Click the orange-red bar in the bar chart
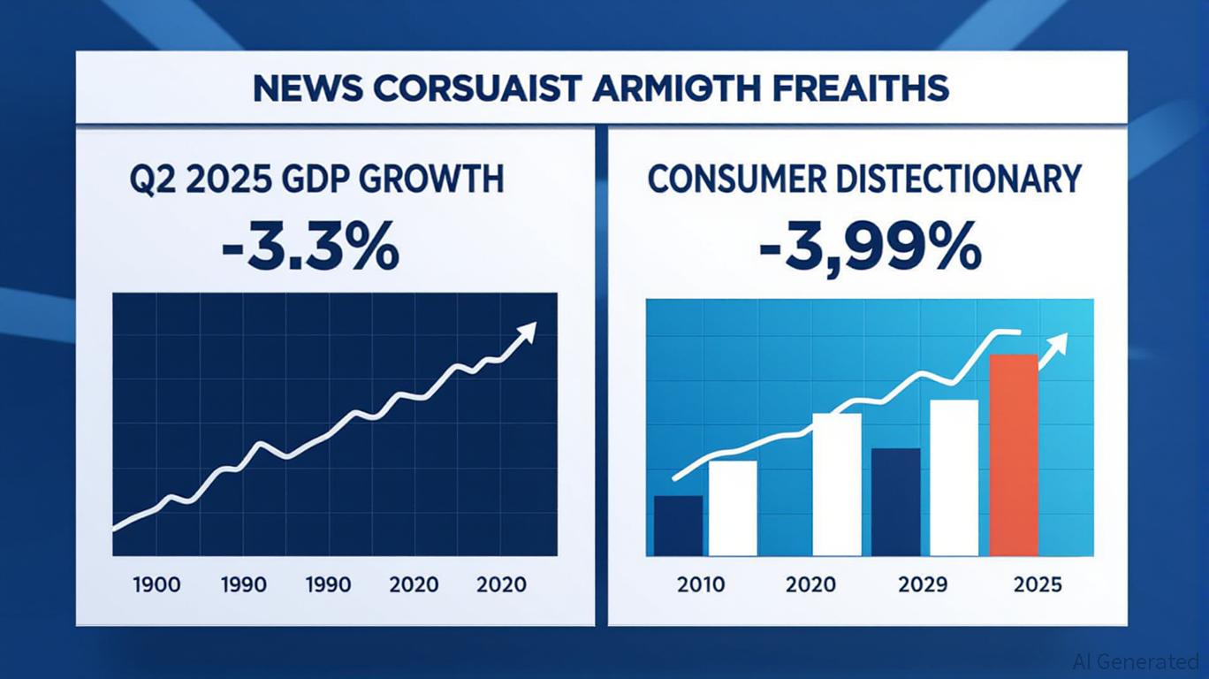[1013, 454]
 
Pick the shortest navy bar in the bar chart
[678, 525]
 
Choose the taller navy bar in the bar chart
[895, 501]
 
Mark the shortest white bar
[733, 507]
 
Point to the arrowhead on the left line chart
[528, 332]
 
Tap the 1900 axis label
[156, 584]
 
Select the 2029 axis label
[922, 584]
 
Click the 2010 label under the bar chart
[701, 584]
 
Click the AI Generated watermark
[1135, 661]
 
